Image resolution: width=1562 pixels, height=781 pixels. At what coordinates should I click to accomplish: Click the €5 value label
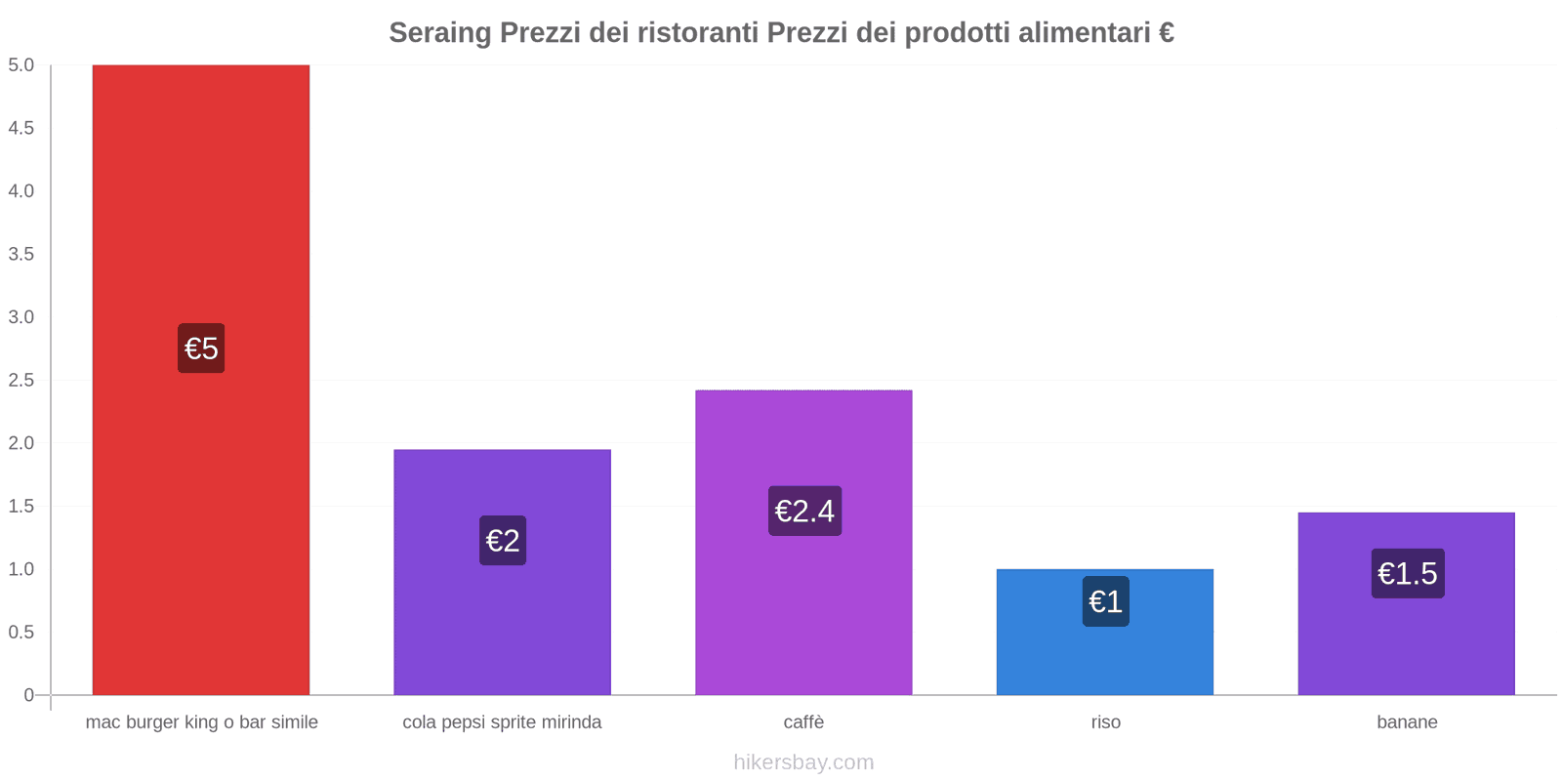pyautogui.click(x=201, y=349)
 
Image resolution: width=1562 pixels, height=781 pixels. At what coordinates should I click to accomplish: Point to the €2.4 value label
pyautogui.click(x=804, y=511)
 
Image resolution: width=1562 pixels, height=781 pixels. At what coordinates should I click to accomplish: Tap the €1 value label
pyautogui.click(x=1105, y=601)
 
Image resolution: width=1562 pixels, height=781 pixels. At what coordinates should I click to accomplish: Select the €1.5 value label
pyautogui.click(x=1407, y=573)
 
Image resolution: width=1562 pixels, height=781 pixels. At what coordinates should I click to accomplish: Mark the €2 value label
pyautogui.click(x=503, y=540)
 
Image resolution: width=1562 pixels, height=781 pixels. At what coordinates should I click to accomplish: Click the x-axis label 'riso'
pyautogui.click(x=1105, y=722)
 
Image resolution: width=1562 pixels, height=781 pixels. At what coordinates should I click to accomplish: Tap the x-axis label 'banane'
pyautogui.click(x=1407, y=722)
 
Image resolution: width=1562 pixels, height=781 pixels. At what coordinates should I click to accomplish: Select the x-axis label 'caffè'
pyautogui.click(x=803, y=722)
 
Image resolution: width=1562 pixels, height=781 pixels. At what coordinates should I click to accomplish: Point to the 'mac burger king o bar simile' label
pyautogui.click(x=201, y=722)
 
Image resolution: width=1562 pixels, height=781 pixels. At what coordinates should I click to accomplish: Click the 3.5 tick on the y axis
pyautogui.click(x=21, y=254)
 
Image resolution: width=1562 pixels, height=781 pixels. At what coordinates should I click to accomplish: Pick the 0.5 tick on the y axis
pyautogui.click(x=21, y=632)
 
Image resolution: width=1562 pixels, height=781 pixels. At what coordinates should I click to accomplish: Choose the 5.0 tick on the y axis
pyautogui.click(x=21, y=65)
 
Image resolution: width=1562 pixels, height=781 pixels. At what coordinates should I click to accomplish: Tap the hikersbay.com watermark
pyautogui.click(x=803, y=762)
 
